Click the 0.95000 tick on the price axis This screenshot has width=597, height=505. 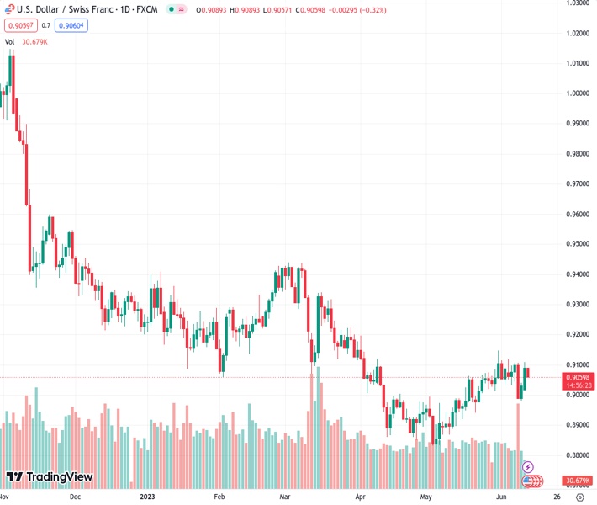[576, 244]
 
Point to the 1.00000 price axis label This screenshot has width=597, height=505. [576, 93]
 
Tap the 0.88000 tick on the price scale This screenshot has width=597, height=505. [576, 455]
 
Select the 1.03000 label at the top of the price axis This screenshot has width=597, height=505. [576, 3]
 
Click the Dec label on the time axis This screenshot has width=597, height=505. [75, 497]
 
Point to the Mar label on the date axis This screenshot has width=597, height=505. [285, 497]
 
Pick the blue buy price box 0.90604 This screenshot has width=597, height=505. [71, 25]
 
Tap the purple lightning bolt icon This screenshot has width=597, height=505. [528, 466]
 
